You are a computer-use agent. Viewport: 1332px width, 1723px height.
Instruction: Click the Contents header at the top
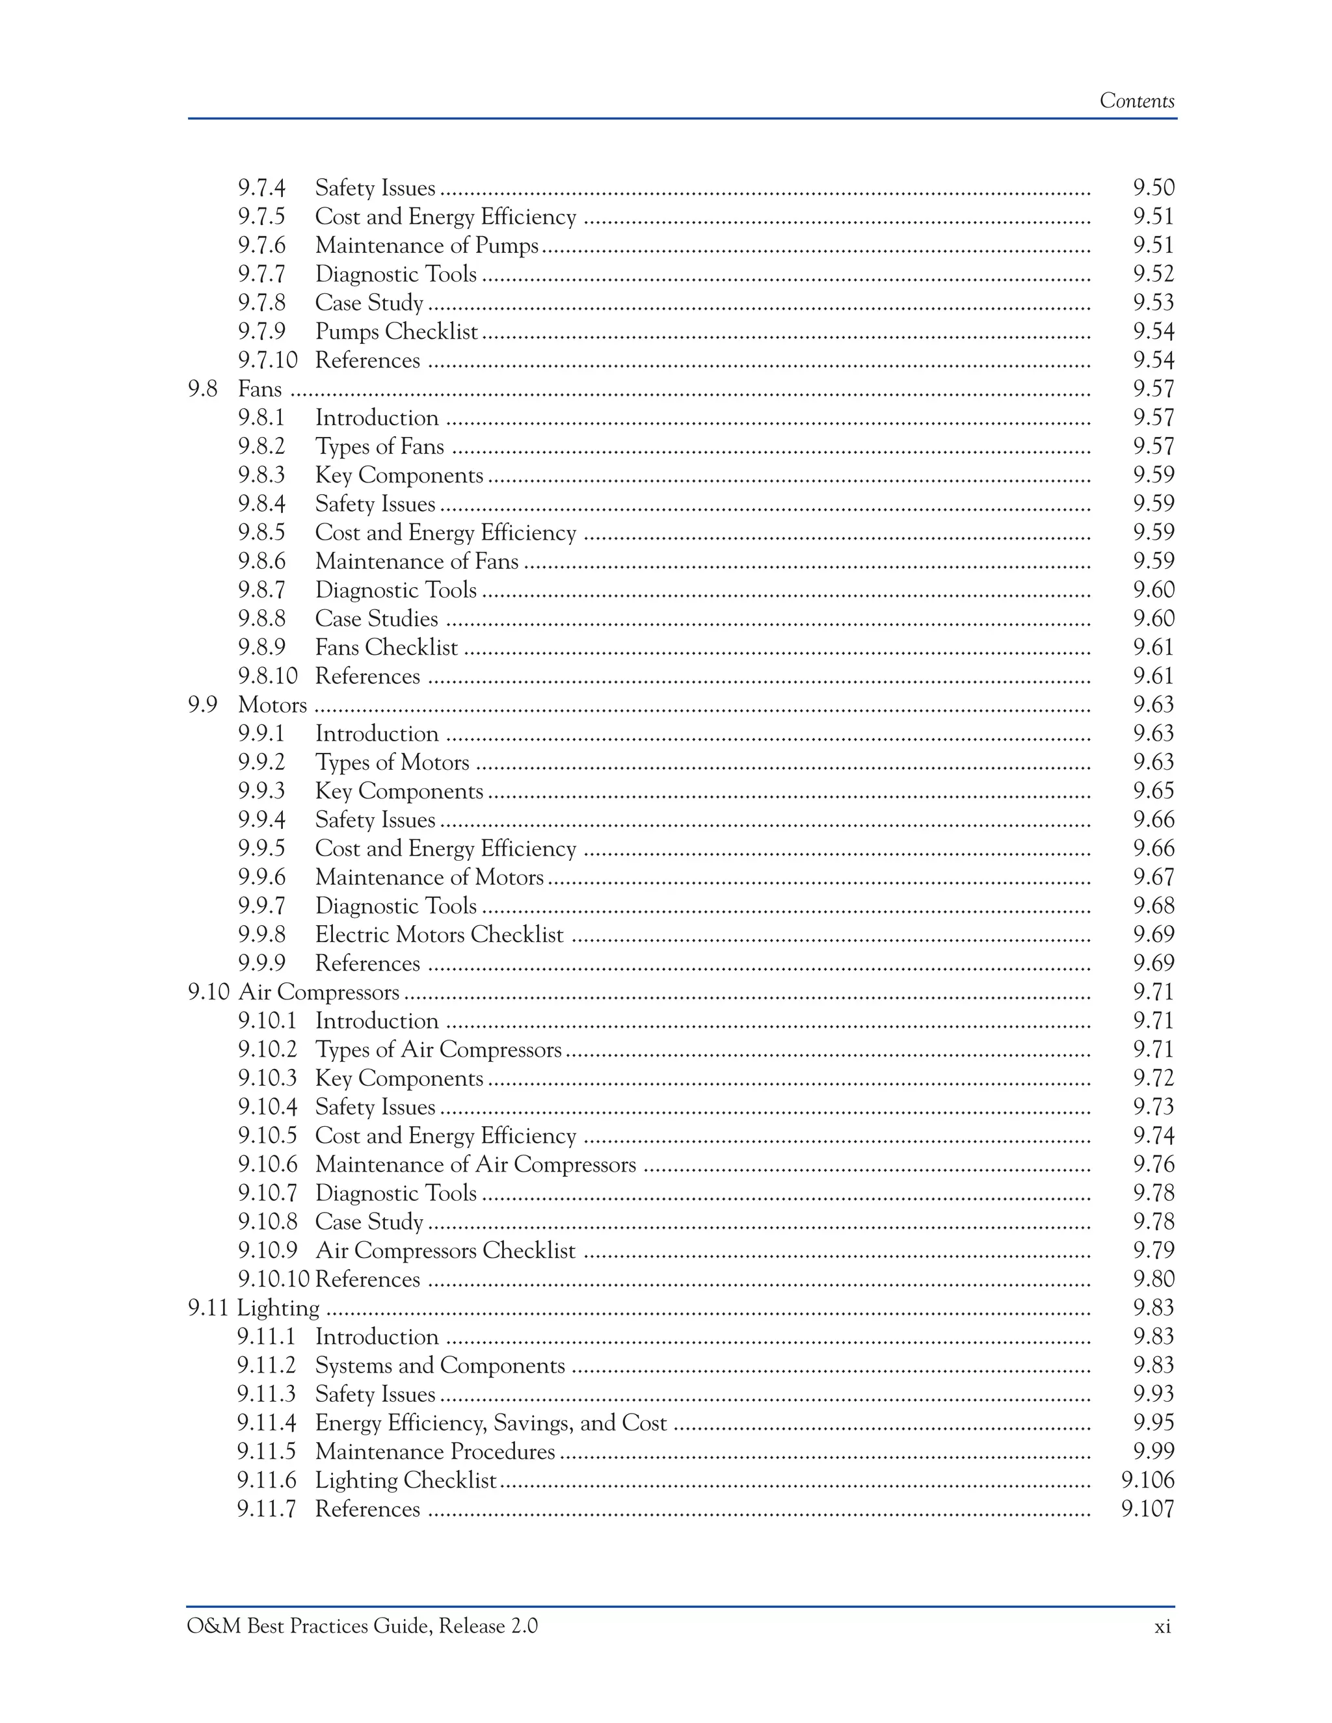click(x=1136, y=101)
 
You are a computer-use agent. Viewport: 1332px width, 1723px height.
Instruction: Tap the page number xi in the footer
click(x=1162, y=1626)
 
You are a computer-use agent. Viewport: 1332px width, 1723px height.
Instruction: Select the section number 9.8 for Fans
click(x=202, y=389)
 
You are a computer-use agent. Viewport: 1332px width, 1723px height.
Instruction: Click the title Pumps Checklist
click(x=396, y=332)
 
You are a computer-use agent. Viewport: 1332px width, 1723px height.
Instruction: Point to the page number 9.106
click(x=1147, y=1480)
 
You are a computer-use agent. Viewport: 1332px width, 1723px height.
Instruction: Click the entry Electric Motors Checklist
click(x=439, y=935)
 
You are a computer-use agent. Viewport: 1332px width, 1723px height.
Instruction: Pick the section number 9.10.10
click(x=273, y=1279)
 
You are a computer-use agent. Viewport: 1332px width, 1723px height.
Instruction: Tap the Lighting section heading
click(x=278, y=1308)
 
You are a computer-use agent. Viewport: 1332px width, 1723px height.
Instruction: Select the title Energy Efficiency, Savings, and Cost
click(x=491, y=1423)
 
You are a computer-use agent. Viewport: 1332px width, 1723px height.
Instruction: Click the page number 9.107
click(x=1147, y=1508)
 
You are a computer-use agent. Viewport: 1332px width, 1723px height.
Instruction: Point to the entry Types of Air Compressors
click(x=438, y=1049)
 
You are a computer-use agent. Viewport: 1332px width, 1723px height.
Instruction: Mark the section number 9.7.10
click(x=267, y=361)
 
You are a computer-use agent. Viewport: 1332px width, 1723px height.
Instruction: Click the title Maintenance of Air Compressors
click(x=475, y=1164)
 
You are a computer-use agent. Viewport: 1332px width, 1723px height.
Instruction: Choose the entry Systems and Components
click(x=440, y=1365)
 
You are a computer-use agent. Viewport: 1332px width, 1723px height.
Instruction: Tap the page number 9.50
click(x=1153, y=188)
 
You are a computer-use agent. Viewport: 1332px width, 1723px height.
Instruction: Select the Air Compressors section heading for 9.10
click(x=318, y=992)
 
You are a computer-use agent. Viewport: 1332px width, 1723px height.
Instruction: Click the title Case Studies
click(x=377, y=618)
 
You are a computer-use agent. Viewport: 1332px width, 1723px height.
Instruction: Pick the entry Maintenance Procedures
click(x=435, y=1452)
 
